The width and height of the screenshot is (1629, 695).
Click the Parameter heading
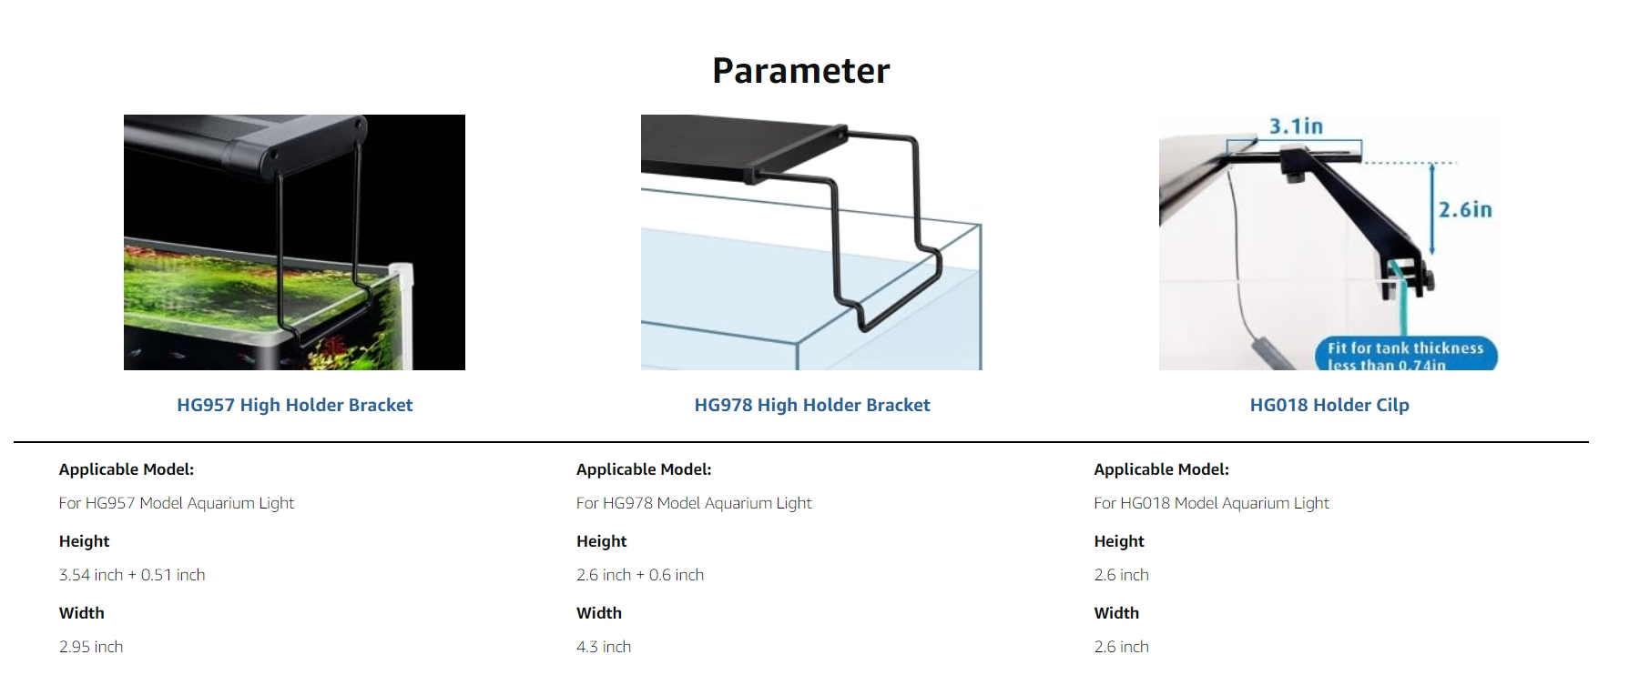[800, 71]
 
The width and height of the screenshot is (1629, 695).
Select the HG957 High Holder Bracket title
[294, 405]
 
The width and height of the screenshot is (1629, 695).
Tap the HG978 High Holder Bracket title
[812, 405]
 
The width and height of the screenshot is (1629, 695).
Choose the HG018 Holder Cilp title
[1329, 405]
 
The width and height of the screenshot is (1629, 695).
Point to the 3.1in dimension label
[1296, 126]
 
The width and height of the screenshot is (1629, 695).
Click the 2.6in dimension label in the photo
[1465, 209]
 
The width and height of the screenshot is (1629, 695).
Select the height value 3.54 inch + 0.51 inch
[132, 575]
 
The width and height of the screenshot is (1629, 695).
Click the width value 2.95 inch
[91, 647]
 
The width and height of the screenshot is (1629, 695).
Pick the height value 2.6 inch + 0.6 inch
[640, 575]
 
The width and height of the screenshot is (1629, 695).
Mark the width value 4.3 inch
[604, 647]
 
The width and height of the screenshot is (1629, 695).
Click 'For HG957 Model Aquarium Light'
[177, 503]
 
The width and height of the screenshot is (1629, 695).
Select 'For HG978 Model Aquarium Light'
[694, 503]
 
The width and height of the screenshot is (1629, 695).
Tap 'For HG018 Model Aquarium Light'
[1211, 503]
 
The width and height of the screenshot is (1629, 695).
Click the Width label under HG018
[1116, 613]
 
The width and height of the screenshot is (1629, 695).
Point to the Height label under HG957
[84, 541]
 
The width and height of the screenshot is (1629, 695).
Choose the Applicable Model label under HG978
[644, 469]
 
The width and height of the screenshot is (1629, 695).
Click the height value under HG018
[1121, 575]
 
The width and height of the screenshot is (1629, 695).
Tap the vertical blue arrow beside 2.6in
[1432, 209]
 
